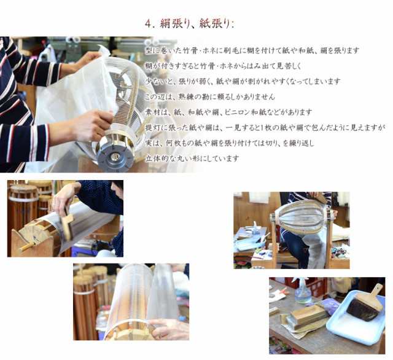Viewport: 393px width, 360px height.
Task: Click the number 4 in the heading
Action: (x=149, y=24)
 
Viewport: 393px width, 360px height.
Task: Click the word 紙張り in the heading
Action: (x=214, y=24)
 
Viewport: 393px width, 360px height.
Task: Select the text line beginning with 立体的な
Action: (x=192, y=158)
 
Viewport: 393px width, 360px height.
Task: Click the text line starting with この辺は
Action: (x=210, y=97)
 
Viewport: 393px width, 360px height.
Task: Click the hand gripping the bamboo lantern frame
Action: (x=94, y=125)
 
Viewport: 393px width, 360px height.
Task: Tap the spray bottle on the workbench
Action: (x=303, y=292)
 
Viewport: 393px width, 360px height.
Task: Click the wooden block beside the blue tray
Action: (x=308, y=316)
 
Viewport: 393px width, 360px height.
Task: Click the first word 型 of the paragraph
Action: (x=149, y=50)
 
